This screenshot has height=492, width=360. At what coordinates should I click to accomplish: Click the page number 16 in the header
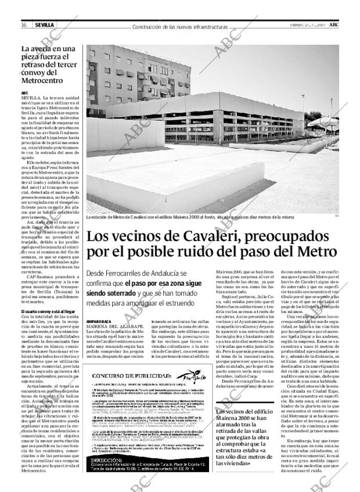(24, 25)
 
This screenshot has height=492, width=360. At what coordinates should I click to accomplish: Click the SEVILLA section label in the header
(44, 25)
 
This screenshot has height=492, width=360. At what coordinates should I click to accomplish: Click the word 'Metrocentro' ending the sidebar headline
(45, 80)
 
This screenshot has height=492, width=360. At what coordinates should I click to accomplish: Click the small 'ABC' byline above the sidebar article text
(25, 92)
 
